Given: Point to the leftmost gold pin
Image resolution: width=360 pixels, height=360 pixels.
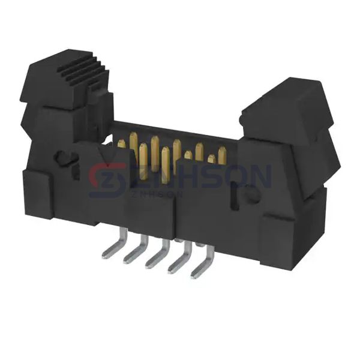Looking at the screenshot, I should pyautogui.click(x=122, y=145).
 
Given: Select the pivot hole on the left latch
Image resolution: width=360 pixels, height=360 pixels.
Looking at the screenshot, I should pyautogui.click(x=62, y=159).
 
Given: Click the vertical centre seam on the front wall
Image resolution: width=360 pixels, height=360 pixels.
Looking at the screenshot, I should pyautogui.click(x=175, y=222).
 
